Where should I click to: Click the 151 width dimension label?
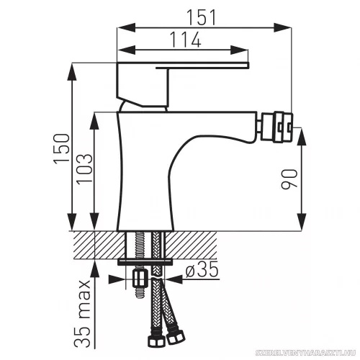(201, 17)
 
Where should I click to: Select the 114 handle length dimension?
(185, 40)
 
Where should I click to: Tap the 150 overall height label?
(62, 149)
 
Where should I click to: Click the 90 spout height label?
(289, 179)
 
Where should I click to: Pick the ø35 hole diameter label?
(202, 269)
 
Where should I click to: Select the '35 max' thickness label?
(82, 314)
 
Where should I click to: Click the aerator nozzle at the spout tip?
(276, 127)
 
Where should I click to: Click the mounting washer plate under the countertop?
(145, 262)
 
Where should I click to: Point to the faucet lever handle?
(183, 84)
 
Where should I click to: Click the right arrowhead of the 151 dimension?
(282, 27)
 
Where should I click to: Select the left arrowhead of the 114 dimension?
(127, 50)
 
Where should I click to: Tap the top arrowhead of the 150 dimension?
(72, 72)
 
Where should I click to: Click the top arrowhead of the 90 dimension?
(302, 137)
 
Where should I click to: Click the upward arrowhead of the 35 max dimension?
(95, 269)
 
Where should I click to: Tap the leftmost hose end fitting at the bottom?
(156, 339)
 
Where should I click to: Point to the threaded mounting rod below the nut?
(140, 292)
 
